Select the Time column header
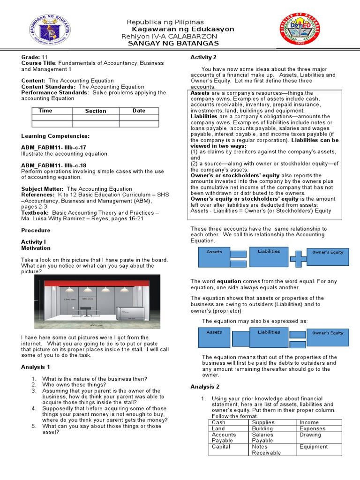[45, 111]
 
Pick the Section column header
[96, 111]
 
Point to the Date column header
[139, 111]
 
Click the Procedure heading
[36, 230]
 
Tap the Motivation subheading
[36, 248]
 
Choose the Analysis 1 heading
[36, 367]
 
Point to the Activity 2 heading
[203, 57]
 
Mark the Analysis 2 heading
[205, 387]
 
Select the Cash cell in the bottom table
[218, 422]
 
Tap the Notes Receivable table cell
[266, 450]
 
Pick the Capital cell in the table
[221, 447]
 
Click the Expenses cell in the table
[312, 428]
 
